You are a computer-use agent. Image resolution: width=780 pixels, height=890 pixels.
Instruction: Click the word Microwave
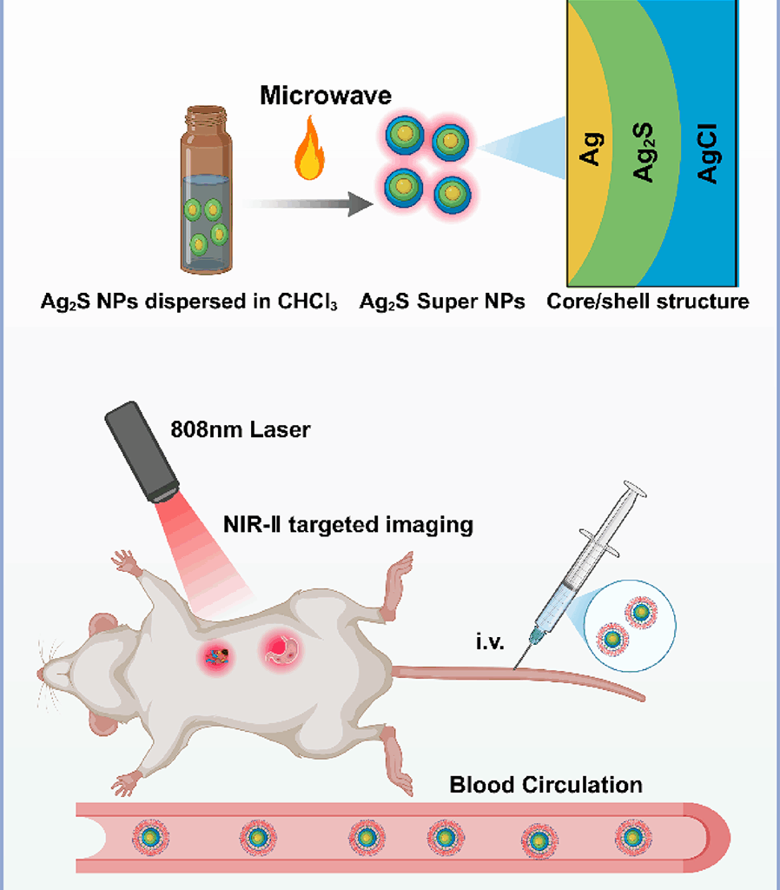click(x=325, y=95)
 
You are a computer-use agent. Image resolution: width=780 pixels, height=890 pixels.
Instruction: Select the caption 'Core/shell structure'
click(x=647, y=302)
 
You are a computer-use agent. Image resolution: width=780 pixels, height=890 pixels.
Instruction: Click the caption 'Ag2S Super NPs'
click(x=442, y=302)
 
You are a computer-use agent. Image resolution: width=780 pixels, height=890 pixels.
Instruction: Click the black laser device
click(x=142, y=451)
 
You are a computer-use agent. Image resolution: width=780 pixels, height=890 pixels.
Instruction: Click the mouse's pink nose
click(x=41, y=674)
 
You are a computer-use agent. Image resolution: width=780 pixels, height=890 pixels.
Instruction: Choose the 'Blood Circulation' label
click(x=545, y=785)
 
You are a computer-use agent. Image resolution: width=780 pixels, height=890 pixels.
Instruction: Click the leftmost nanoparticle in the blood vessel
click(x=150, y=837)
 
